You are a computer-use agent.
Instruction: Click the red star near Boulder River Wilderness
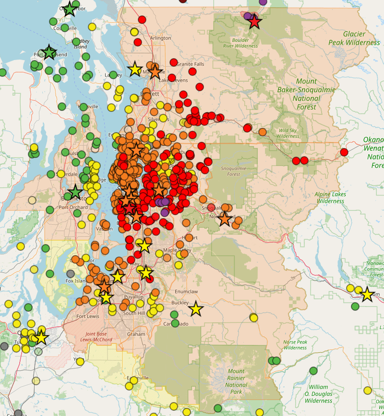click(254, 22)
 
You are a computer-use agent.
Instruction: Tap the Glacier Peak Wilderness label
click(354, 38)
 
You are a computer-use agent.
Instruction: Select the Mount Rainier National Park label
click(236, 378)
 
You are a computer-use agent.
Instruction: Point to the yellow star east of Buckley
click(195, 309)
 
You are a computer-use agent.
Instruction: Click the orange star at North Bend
click(225, 219)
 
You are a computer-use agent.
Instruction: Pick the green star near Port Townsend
click(49, 52)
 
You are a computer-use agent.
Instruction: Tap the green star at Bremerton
click(75, 193)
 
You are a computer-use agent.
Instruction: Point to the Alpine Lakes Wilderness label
click(330, 197)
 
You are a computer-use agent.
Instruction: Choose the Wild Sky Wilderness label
click(288, 133)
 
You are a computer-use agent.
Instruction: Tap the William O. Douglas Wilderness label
click(318, 393)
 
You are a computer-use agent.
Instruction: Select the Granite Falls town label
click(191, 64)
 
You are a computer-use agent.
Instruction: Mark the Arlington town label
click(160, 38)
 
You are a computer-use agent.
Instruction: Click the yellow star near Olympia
click(41, 337)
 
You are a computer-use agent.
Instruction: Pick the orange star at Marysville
click(155, 72)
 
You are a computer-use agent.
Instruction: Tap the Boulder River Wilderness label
click(240, 43)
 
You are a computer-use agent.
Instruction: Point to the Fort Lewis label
click(88, 316)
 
